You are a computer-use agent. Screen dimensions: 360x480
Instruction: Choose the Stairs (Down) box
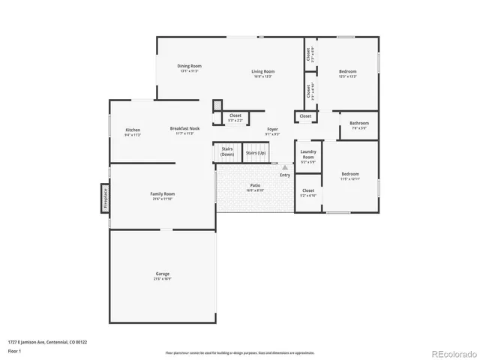tap(227, 151)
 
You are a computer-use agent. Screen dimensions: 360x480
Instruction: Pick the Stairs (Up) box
tap(256, 153)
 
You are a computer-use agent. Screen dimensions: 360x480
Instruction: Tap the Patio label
tap(255, 187)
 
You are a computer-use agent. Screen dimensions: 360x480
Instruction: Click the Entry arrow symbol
tap(285, 168)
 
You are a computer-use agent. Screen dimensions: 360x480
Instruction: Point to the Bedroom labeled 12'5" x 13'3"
tap(347, 73)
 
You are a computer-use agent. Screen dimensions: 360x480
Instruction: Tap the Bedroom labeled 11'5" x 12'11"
tap(349, 176)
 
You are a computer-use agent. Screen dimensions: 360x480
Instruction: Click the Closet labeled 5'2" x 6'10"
tap(308, 193)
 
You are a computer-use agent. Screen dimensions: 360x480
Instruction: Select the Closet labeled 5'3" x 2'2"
tap(235, 118)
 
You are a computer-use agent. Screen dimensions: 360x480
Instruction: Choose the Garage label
tap(162, 275)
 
